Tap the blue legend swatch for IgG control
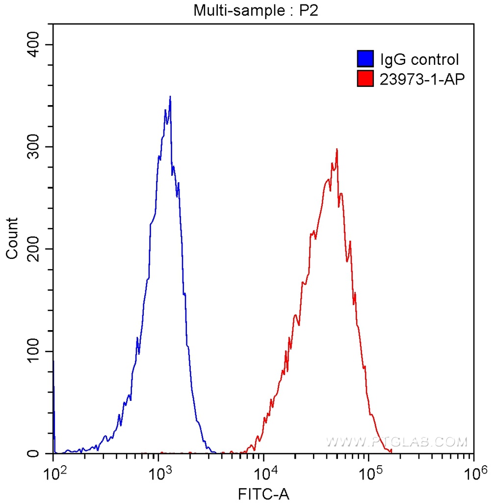click(365, 59)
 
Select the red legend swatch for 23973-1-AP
click(365, 78)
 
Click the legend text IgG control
click(419, 60)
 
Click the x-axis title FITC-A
click(263, 494)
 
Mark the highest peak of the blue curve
click(170, 97)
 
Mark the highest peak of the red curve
click(337, 149)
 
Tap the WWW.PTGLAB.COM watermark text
click(396, 442)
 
